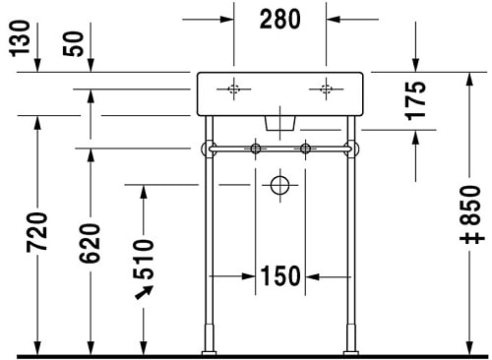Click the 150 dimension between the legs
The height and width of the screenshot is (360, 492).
(x=280, y=277)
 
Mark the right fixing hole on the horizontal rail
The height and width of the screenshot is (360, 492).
(x=305, y=150)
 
